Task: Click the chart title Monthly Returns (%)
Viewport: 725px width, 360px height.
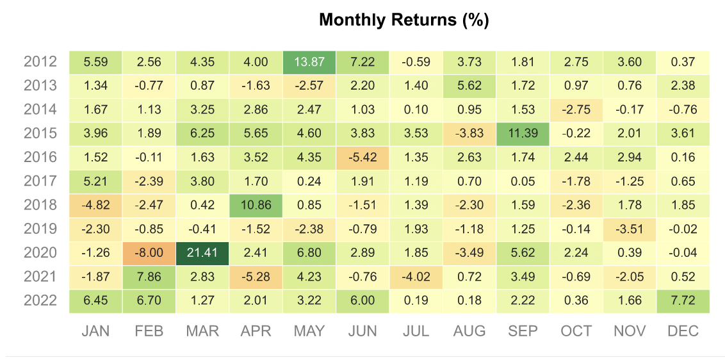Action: tap(403, 20)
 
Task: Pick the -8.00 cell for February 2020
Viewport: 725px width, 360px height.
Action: tap(149, 252)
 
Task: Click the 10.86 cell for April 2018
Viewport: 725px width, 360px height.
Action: tap(256, 205)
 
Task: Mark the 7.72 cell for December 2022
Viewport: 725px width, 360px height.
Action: tap(683, 300)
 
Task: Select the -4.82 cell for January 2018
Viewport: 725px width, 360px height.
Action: tap(96, 205)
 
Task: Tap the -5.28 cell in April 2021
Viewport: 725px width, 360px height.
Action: tap(256, 277)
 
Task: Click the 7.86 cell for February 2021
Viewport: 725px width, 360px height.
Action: tap(149, 277)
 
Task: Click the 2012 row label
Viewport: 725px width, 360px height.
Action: tap(40, 62)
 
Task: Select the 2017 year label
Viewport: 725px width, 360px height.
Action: tap(40, 181)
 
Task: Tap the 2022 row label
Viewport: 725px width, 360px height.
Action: tap(40, 300)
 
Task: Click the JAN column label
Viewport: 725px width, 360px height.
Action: tap(96, 331)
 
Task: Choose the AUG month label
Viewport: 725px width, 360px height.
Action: tap(469, 331)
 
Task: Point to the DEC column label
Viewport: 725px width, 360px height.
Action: tap(683, 331)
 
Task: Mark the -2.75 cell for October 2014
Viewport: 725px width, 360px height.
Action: tap(576, 110)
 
